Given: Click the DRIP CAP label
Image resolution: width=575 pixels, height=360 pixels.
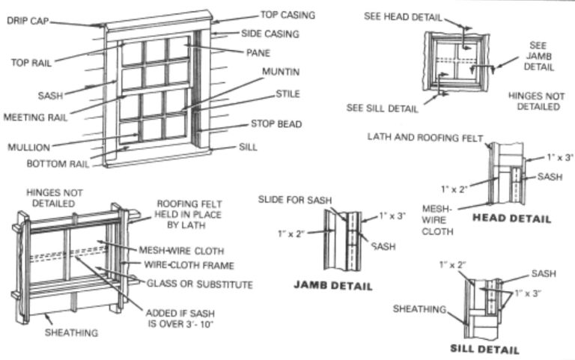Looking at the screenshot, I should click(27, 20).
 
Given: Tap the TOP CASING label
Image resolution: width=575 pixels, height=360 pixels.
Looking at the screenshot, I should click(287, 15).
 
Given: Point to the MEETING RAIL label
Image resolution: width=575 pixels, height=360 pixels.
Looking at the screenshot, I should click(34, 117).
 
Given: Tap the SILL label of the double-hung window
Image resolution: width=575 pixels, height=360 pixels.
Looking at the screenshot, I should click(248, 147).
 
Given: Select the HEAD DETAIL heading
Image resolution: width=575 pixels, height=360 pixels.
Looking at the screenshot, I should click(512, 219).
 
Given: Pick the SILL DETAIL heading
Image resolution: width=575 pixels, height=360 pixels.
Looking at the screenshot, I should click(484, 349).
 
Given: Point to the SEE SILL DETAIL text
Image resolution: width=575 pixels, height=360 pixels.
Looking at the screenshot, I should click(382, 108).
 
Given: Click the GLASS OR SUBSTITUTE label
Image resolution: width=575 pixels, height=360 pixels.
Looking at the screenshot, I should click(200, 284).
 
